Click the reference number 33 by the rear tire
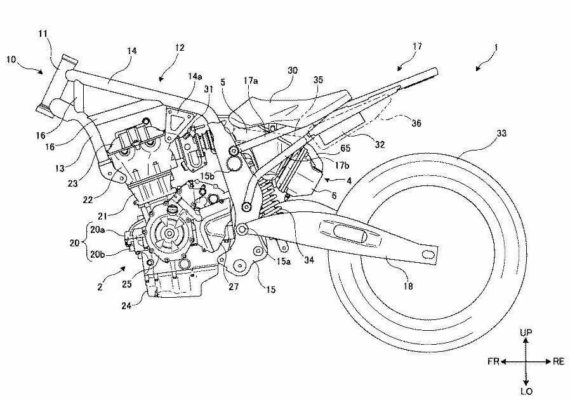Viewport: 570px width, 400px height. [501, 134]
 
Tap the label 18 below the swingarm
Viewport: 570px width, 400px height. [407, 286]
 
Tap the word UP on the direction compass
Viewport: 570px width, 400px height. [526, 333]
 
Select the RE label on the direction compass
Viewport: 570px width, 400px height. [559, 361]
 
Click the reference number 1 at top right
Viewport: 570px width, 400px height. [496, 64]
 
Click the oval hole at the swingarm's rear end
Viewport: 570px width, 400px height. [428, 255]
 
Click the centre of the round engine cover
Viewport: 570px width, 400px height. [170, 233]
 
